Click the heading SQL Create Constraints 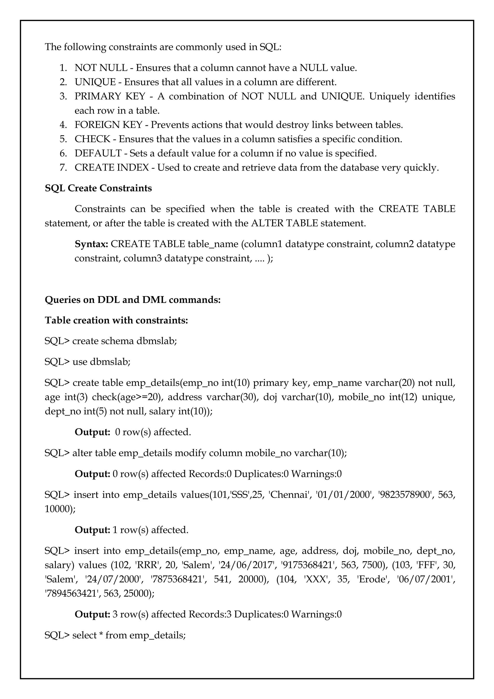click(98, 188)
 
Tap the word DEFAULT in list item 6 click(98, 153)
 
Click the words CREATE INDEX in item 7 click(112, 168)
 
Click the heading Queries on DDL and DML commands click(133, 300)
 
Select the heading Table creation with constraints click(116, 320)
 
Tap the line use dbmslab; click(88, 362)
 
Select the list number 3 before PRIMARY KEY click(63, 96)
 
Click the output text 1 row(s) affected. click(150, 530)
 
